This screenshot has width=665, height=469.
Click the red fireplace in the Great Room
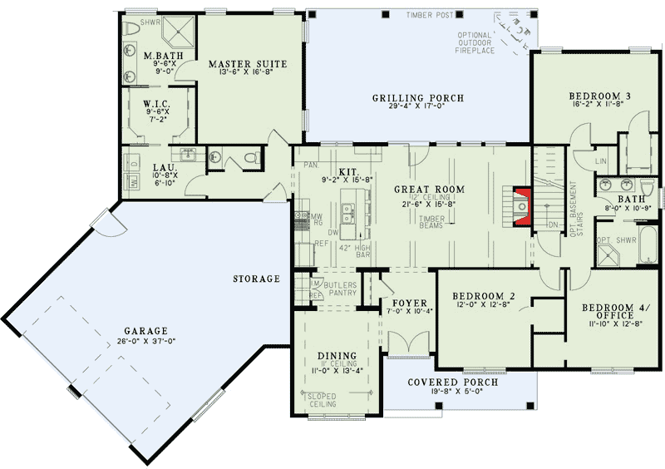pyautogui.click(x=521, y=207)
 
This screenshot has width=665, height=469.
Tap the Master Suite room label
pyautogui.click(x=248, y=64)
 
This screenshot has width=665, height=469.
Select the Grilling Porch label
pyautogui.click(x=418, y=98)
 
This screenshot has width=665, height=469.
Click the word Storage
pyautogui.click(x=257, y=279)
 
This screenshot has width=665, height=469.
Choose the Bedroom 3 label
pyautogui.click(x=599, y=96)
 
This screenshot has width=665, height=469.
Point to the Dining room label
pyautogui.click(x=337, y=356)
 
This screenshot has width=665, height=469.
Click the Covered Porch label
pyautogui.click(x=453, y=383)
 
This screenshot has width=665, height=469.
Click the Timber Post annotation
pyautogui.click(x=429, y=15)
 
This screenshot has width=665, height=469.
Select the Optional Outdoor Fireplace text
pyautogui.click(x=475, y=42)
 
